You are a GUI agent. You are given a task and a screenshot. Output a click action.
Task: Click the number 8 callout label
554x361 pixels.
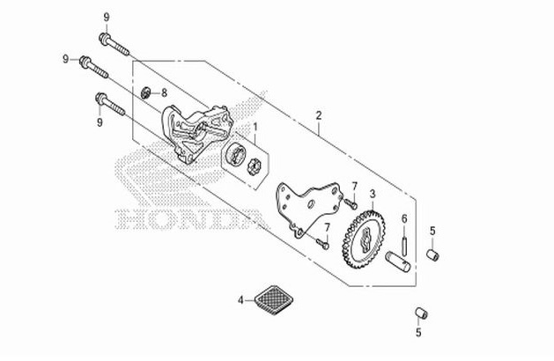click(164, 92)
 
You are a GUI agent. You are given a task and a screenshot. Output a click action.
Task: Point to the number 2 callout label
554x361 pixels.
click(319, 114)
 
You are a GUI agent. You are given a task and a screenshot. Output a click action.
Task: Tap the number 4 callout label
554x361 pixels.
click(240, 299)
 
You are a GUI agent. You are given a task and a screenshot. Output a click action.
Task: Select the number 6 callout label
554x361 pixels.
click(403, 218)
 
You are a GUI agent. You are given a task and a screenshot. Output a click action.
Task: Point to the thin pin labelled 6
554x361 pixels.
click(403, 241)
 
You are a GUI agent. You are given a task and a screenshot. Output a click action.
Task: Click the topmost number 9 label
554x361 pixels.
click(107, 18)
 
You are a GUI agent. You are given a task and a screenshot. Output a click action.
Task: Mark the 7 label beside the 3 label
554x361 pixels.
click(354, 187)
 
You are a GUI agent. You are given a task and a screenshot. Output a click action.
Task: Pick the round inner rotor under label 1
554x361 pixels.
click(235, 155)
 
